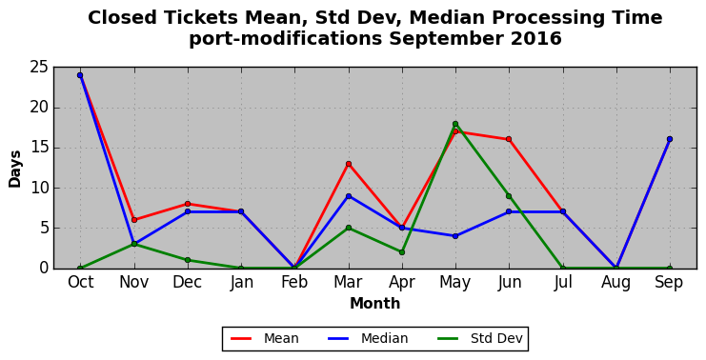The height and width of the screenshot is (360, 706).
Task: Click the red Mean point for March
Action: tap(349, 164)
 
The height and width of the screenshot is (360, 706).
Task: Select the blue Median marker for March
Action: tap(349, 196)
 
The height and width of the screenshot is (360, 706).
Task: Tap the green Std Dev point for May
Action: tap(455, 124)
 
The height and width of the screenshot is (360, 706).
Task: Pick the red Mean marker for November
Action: tap(134, 220)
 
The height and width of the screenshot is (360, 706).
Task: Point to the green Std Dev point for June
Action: tap(509, 196)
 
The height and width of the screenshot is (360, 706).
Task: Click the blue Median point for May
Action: tap(455, 236)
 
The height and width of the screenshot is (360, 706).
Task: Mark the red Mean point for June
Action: tap(509, 139)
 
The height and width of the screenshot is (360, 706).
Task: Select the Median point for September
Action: tap(670, 139)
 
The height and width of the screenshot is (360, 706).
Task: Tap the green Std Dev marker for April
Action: tap(402, 252)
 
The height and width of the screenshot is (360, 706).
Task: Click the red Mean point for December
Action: tap(188, 204)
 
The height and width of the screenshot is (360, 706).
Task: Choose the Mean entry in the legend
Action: tap(265, 338)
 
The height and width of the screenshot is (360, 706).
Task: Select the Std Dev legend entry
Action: tap(478, 338)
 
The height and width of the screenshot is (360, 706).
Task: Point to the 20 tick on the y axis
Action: tap(39, 108)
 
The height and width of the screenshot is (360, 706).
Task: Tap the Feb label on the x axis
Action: tap(294, 282)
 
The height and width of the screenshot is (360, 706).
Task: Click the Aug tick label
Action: tap(615, 283)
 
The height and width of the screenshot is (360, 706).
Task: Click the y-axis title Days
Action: tap(15, 170)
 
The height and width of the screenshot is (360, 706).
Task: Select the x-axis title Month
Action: tap(375, 303)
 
